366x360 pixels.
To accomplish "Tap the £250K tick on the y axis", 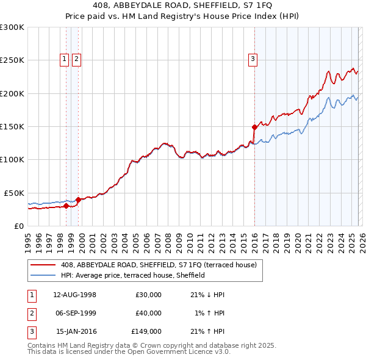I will click(13, 60).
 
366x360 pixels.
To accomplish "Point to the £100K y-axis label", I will click(13, 159).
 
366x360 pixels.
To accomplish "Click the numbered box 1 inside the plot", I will click(65, 59).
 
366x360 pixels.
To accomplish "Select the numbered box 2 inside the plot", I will click(77, 59).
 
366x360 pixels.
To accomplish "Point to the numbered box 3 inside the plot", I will click(253, 59).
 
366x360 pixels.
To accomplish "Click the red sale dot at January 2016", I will click(254, 127).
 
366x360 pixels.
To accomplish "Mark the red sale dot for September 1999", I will click(78, 200).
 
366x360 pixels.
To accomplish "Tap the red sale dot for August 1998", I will click(66, 206).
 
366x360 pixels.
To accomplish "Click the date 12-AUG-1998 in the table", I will click(75, 294).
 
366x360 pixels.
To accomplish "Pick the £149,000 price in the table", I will click(146, 332).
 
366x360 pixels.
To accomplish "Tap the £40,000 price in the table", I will click(148, 313).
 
